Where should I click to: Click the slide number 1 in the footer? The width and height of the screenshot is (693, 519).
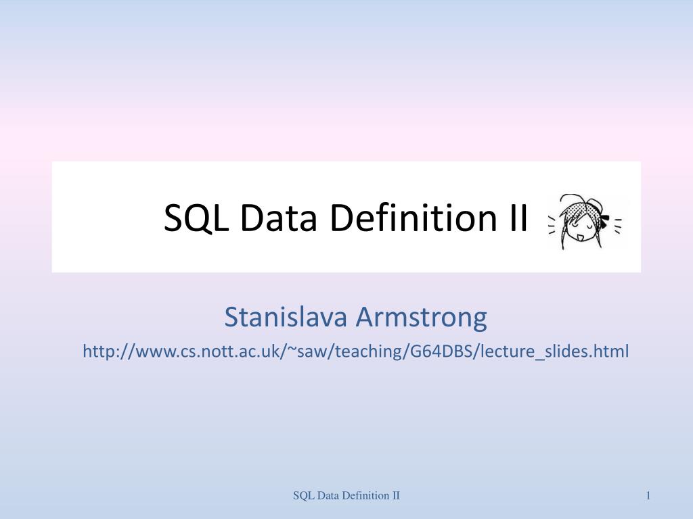coord(648,496)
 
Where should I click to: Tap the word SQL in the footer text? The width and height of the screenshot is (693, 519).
coord(302,496)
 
